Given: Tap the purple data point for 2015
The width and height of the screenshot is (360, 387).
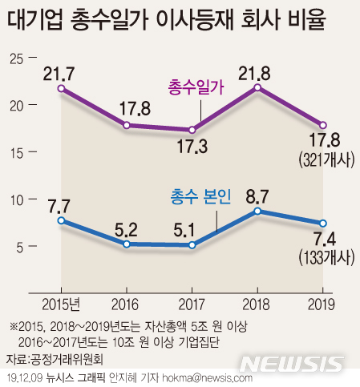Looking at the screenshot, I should coord(62,88).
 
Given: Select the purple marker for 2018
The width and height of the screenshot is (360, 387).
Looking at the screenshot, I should coord(257,87).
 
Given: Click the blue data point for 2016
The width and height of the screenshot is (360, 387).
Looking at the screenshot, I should coord(127,244).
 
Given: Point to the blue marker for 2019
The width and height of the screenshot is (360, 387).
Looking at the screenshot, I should coord(323,224).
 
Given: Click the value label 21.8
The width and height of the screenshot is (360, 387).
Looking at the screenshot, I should coord(256,71).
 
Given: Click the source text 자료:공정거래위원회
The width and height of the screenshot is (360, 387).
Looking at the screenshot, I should coord(55,357).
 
